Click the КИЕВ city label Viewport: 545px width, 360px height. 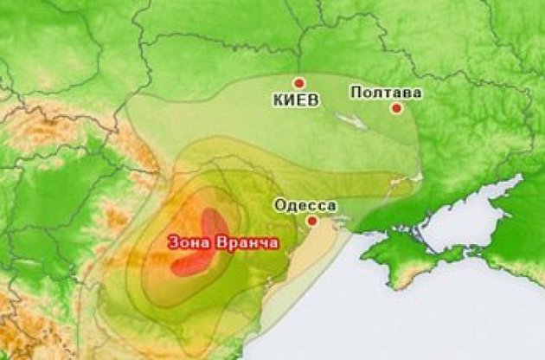pos(297,100)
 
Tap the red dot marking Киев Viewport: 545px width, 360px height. pos(298,84)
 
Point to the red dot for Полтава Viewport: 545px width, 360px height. pos(396,108)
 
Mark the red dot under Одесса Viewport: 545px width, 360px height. pos(312,221)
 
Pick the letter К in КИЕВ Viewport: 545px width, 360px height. pos(279,100)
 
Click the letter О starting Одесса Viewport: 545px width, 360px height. pos(278,206)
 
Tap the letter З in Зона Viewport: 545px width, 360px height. pos(173,242)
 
